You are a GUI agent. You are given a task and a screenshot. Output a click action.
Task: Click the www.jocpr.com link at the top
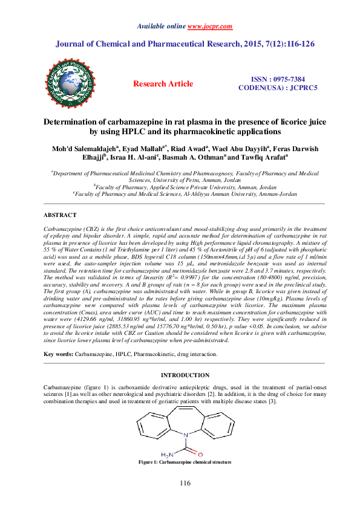click(205, 27)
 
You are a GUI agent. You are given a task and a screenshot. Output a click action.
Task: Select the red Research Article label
click(163, 84)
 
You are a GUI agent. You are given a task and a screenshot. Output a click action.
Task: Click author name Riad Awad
click(204, 148)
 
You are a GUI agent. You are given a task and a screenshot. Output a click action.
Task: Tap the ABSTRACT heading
click(60, 215)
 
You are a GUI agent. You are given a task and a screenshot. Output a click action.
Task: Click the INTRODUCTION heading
click(186, 375)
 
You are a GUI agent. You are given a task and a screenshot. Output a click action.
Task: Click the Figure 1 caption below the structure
click(185, 462)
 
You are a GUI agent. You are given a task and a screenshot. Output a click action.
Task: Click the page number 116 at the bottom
click(185, 484)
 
